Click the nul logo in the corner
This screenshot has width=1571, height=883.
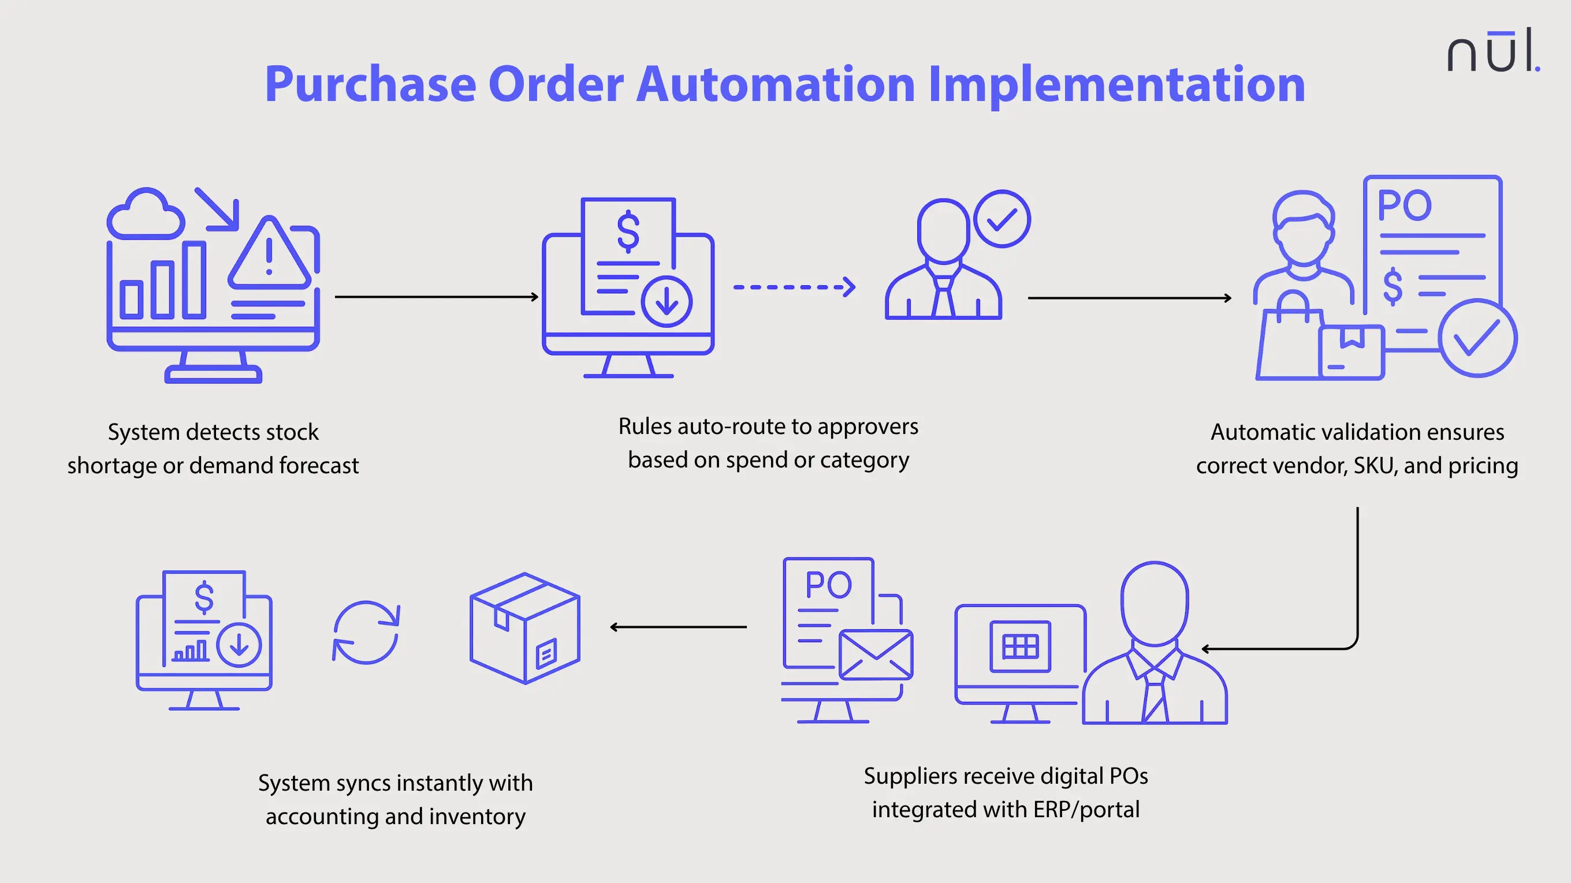(x=1492, y=52)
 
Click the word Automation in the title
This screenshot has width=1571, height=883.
(x=775, y=84)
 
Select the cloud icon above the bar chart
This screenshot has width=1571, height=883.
(x=145, y=215)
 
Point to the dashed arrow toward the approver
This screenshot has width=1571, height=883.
(x=794, y=286)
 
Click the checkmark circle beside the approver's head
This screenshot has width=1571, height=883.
(x=1002, y=219)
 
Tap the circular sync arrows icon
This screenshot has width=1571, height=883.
(x=366, y=633)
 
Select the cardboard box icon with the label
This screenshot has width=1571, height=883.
(x=524, y=628)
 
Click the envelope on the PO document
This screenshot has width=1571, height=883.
(x=875, y=654)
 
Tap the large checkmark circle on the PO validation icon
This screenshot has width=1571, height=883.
(x=1476, y=338)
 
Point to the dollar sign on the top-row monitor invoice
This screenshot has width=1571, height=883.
(x=628, y=231)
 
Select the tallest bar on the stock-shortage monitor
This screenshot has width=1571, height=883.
(x=193, y=280)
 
